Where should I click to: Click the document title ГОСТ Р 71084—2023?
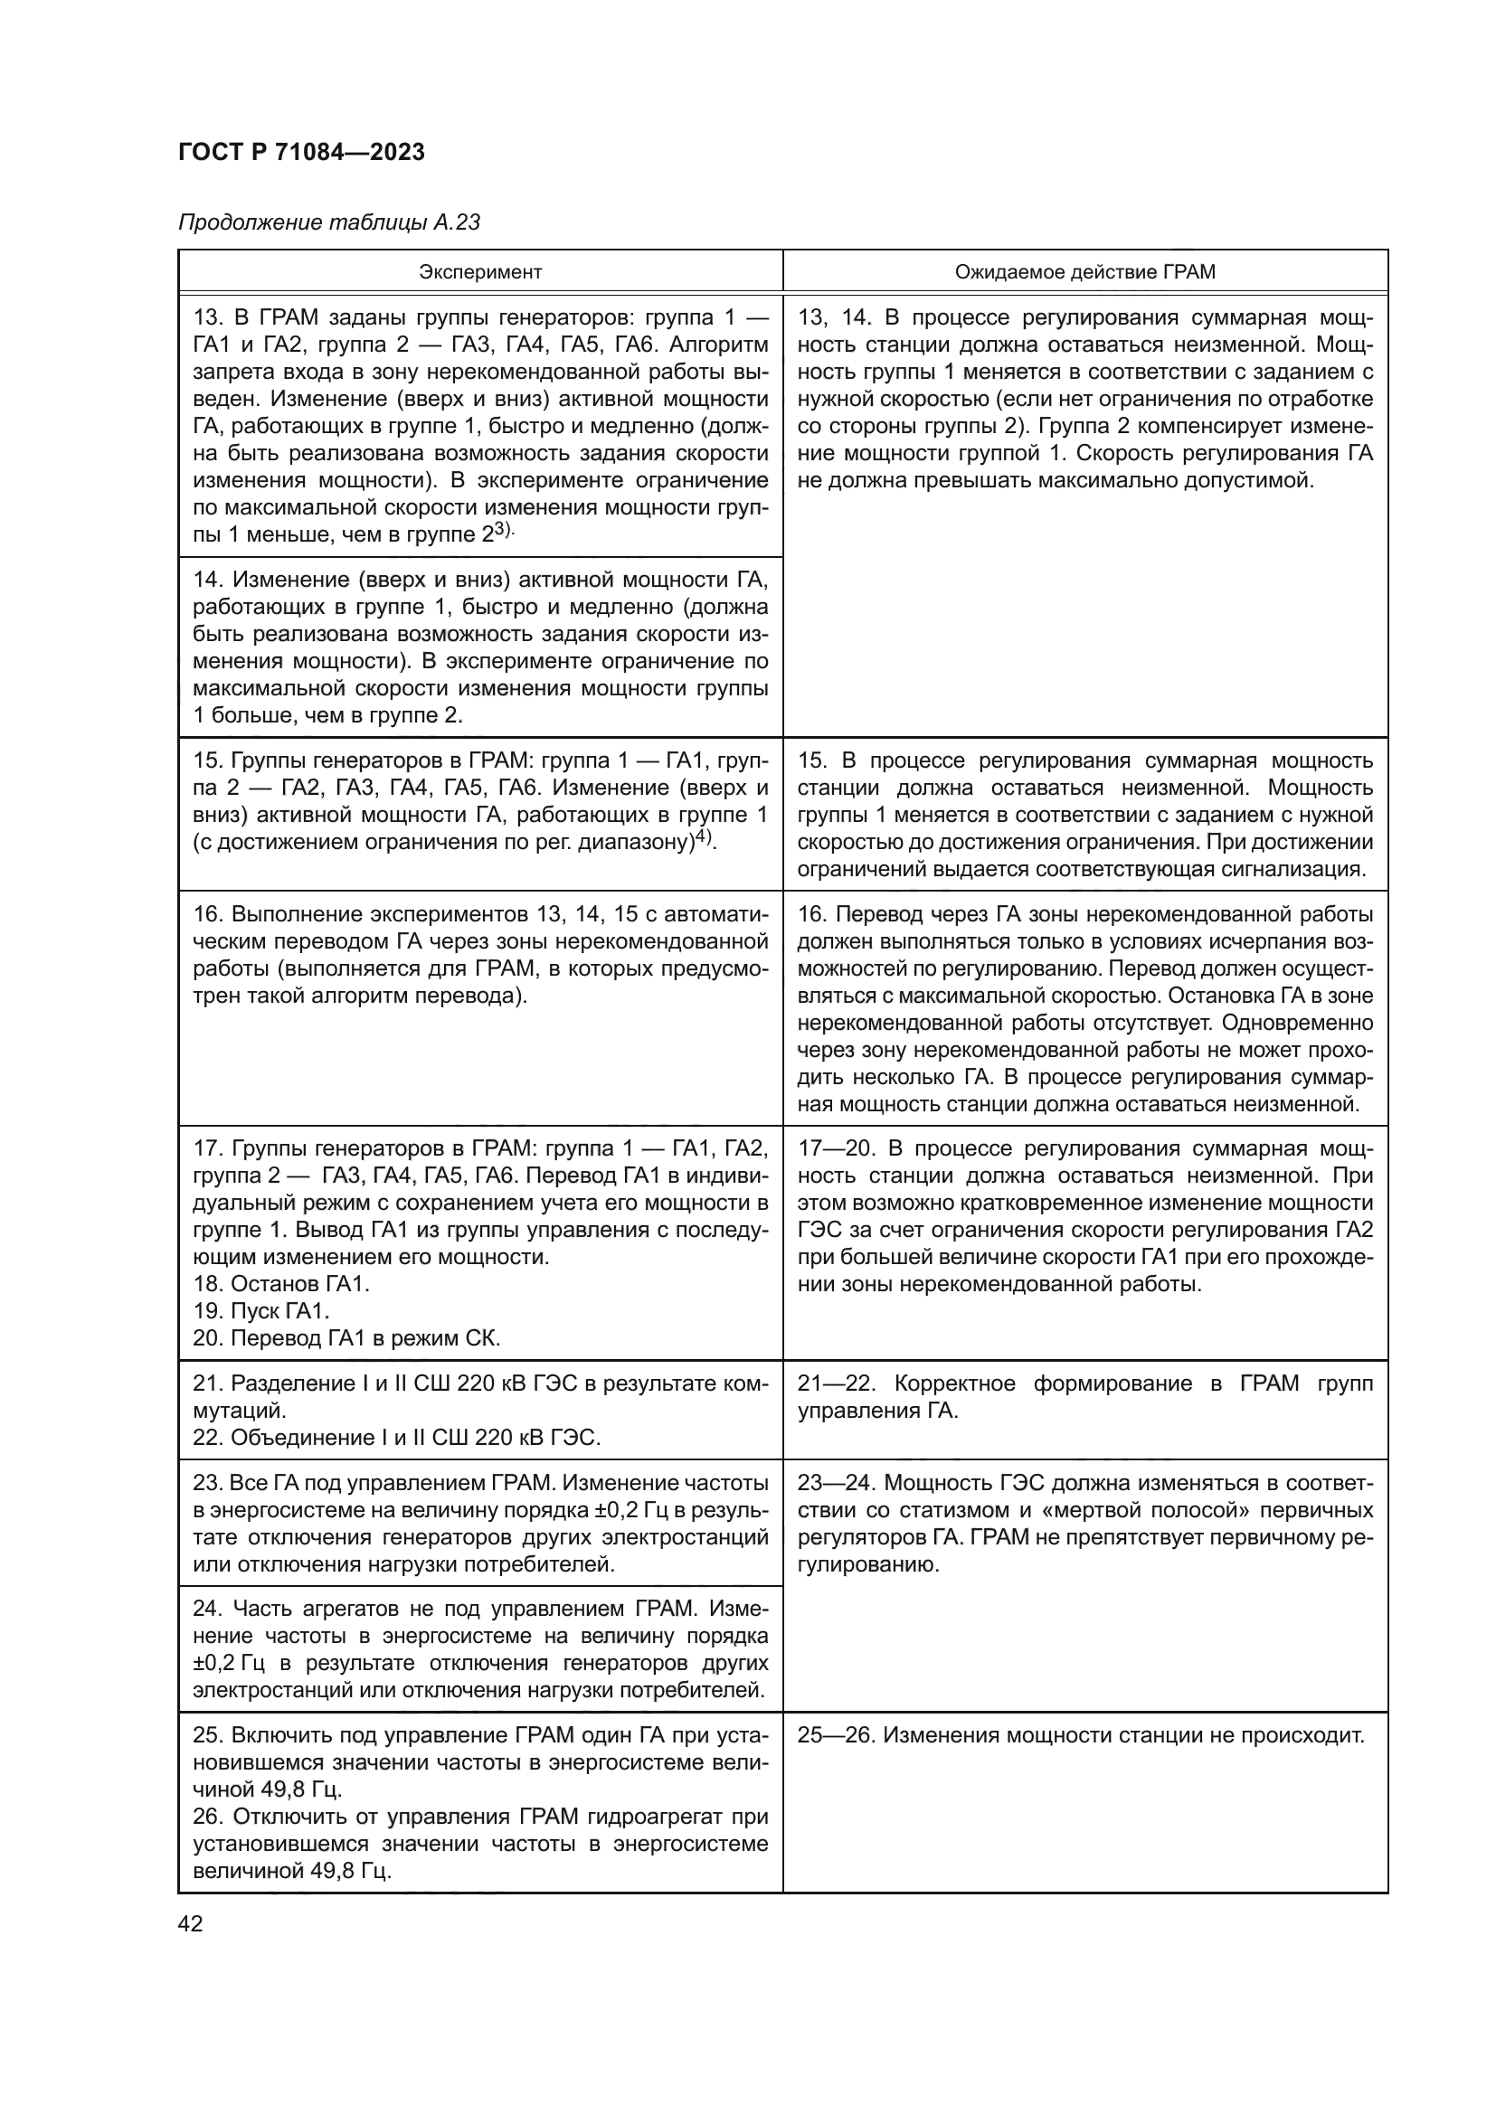pyautogui.click(x=301, y=153)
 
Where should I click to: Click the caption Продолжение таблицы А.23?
pyautogui.click(x=329, y=223)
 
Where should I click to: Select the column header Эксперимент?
pyautogui.click(x=480, y=272)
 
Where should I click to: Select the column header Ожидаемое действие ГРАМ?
pyautogui.click(x=1084, y=272)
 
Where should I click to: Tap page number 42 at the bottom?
pyautogui.click(x=191, y=1923)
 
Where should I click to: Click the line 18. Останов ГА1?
pyautogui.click(x=281, y=1284)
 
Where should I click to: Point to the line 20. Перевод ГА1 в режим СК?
pyautogui.click(x=346, y=1338)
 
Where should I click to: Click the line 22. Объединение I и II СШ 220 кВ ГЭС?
pyautogui.click(x=396, y=1438)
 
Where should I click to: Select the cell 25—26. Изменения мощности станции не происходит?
pyautogui.click(x=1080, y=1735)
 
